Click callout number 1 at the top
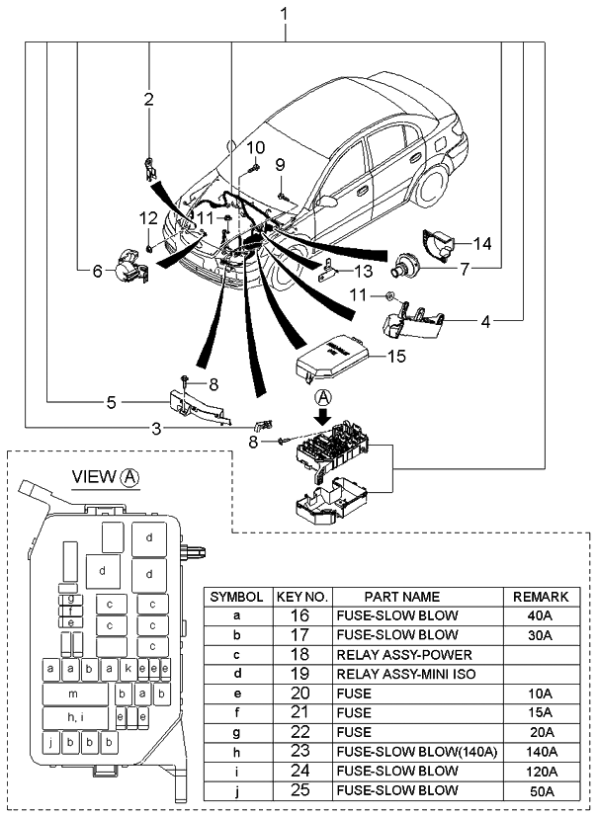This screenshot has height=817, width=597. click(285, 14)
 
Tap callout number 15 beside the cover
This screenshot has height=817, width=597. click(395, 357)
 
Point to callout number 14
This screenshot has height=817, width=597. click(481, 243)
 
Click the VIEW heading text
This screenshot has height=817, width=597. click(95, 476)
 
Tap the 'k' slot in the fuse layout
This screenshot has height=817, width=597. click(128, 669)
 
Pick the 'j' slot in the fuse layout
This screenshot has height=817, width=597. click(49, 740)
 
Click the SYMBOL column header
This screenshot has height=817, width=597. click(236, 597)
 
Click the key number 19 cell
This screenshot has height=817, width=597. click(300, 674)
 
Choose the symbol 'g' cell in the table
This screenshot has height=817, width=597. click(236, 732)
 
